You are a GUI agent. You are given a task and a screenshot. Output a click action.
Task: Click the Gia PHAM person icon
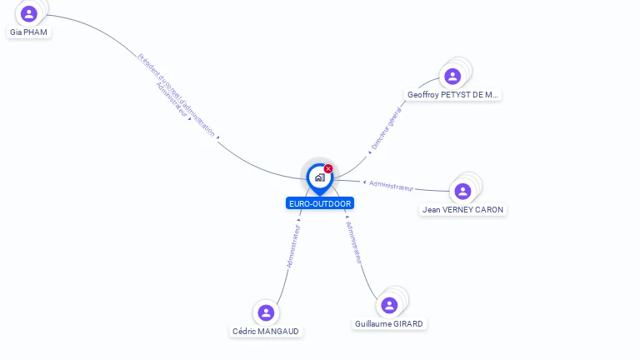pyautogui.click(x=29, y=13)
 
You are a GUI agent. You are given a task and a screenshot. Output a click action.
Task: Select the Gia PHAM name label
pyautogui.click(x=29, y=32)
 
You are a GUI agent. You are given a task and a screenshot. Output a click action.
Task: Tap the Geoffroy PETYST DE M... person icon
pyautogui.click(x=452, y=77)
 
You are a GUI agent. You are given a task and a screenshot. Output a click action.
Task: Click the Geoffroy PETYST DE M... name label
pyautogui.click(x=452, y=95)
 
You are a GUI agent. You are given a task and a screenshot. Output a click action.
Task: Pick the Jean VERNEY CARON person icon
pyautogui.click(x=462, y=192)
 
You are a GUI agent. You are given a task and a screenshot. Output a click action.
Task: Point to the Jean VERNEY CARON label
pyautogui.click(x=462, y=210)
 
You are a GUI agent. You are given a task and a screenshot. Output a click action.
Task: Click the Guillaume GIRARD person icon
pyautogui.click(x=389, y=305)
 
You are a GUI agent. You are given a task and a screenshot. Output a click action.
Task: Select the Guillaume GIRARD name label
pyautogui.click(x=389, y=323)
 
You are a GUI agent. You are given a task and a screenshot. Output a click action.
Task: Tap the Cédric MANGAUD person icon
pyautogui.click(x=266, y=312)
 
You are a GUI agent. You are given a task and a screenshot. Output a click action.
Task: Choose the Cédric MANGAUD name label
pyautogui.click(x=266, y=331)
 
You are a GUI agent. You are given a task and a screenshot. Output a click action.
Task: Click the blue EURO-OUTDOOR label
pyautogui.click(x=320, y=203)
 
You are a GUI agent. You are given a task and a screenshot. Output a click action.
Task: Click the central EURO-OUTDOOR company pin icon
pyautogui.click(x=319, y=177)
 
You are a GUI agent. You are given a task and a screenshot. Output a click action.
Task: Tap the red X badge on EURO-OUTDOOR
pyautogui.click(x=328, y=169)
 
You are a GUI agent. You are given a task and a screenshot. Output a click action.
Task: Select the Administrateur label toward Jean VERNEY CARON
pyautogui.click(x=391, y=185)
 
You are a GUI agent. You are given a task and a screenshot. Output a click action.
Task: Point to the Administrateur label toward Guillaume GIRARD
pyautogui.click(x=354, y=242)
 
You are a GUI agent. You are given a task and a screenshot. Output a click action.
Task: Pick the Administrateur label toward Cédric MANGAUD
pyautogui.click(x=292, y=245)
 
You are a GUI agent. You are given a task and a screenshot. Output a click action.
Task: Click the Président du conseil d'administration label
pyautogui.click(x=176, y=94)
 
